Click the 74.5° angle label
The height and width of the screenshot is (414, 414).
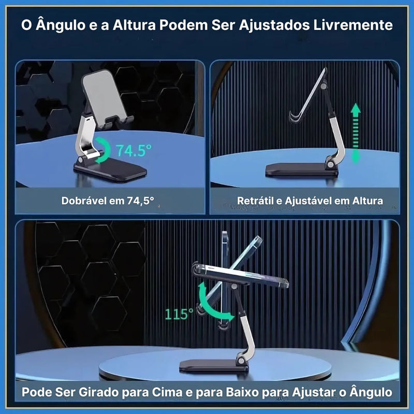click(x=134, y=151)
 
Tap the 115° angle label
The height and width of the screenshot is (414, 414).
click(x=179, y=314)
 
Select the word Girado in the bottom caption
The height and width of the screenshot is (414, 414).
click(x=107, y=392)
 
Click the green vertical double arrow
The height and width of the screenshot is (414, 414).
click(x=356, y=133)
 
